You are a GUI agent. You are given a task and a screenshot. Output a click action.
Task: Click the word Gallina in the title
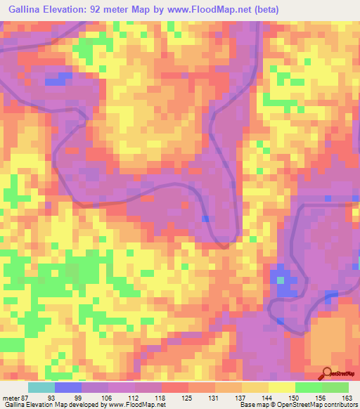click(x=26, y=9)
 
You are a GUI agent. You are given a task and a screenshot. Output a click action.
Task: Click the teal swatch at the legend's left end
click(x=41, y=387)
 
